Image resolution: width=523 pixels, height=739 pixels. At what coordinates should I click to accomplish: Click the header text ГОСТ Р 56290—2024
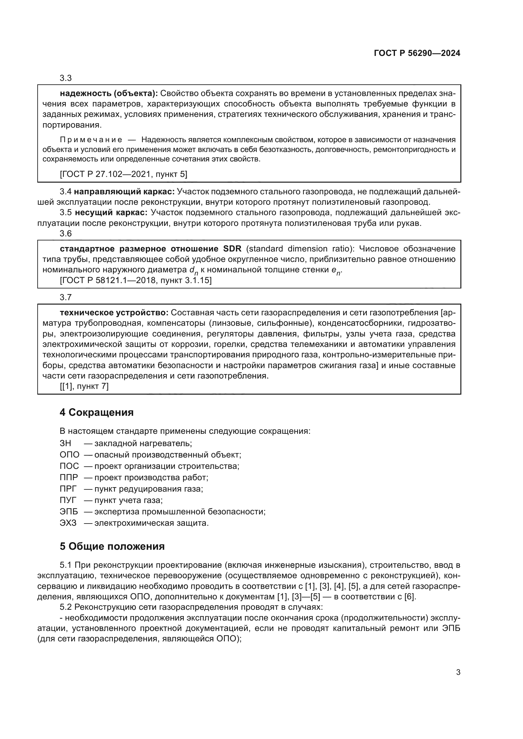(417, 53)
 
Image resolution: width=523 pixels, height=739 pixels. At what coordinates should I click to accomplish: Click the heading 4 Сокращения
(96, 412)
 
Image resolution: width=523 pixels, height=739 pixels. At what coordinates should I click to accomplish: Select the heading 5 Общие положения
(112, 546)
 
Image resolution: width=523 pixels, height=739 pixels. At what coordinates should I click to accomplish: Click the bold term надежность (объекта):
(109, 94)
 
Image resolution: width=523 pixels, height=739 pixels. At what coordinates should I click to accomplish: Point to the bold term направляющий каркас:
(124, 192)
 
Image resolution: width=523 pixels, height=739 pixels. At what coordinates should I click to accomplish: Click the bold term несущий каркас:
(111, 213)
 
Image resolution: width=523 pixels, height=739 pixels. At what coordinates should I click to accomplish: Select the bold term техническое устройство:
(114, 313)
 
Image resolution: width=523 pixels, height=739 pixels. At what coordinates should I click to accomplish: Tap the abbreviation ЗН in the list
(65, 444)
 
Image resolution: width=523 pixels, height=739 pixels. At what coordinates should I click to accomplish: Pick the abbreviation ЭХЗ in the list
(68, 523)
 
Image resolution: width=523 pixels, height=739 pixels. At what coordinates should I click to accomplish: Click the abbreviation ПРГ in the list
(68, 489)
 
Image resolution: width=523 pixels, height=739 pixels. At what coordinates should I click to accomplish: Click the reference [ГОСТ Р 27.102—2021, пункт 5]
(123, 174)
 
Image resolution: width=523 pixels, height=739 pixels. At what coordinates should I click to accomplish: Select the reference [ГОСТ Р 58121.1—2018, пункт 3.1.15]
(136, 280)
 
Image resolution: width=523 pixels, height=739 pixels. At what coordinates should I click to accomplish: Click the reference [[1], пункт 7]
(84, 386)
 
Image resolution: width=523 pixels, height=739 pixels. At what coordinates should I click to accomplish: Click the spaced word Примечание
(91, 140)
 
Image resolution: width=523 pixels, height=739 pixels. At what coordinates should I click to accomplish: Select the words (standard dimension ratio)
(300, 249)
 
